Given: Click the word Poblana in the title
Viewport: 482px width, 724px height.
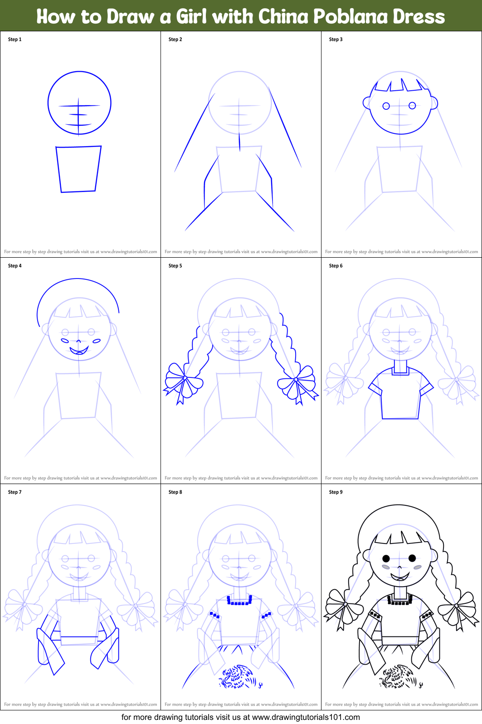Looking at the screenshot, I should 350,17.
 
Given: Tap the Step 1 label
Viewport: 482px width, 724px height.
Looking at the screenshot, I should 15,39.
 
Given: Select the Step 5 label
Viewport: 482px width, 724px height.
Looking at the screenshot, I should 175,266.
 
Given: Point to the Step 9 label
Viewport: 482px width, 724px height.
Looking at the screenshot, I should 336,492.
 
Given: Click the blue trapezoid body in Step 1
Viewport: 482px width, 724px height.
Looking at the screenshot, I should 78,169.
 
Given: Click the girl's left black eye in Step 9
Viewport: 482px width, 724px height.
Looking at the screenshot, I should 386,558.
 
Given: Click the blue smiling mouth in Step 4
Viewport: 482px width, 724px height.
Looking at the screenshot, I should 79,350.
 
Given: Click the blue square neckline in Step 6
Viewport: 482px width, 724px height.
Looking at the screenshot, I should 400,370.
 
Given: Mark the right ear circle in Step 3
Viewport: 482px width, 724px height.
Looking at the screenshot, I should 434,103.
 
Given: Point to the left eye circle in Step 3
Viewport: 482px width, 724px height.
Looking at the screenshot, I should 386,106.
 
